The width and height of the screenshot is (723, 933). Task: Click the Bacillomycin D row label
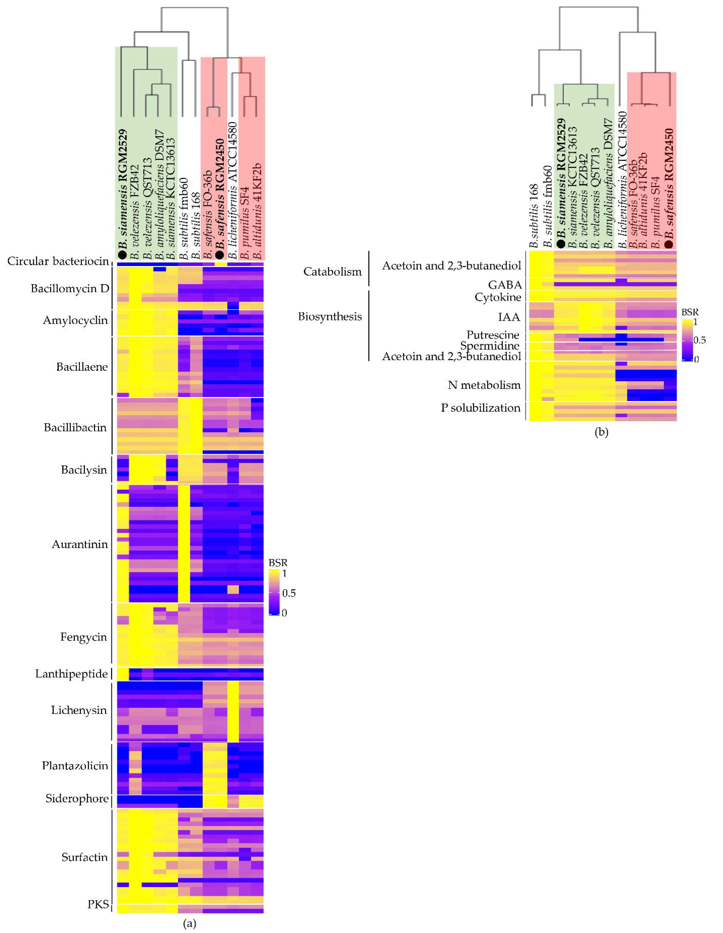pyautogui.click(x=70, y=289)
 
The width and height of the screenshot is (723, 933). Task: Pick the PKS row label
pyautogui.click(x=98, y=904)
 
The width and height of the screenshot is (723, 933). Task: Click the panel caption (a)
pyautogui.click(x=190, y=924)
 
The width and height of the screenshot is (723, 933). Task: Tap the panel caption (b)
pyautogui.click(x=601, y=432)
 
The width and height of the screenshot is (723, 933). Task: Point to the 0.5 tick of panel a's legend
pyautogui.click(x=289, y=593)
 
